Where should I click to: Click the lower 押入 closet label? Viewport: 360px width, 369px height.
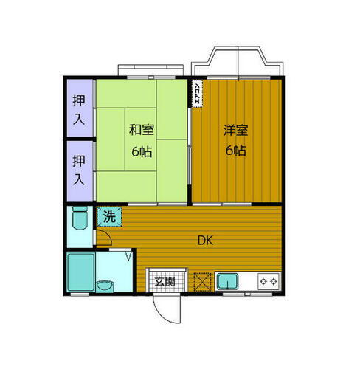click(x=78, y=169)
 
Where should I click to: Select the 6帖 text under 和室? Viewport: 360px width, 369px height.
click(x=142, y=151)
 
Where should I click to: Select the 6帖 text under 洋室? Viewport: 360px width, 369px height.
click(x=235, y=151)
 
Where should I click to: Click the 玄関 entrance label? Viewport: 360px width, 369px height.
click(x=165, y=281)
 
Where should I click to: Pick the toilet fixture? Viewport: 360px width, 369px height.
click(x=80, y=219)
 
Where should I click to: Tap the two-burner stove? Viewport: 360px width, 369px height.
click(x=268, y=280)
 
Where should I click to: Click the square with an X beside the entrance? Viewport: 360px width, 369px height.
click(x=202, y=281)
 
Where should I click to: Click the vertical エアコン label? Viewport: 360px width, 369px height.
click(x=198, y=93)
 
